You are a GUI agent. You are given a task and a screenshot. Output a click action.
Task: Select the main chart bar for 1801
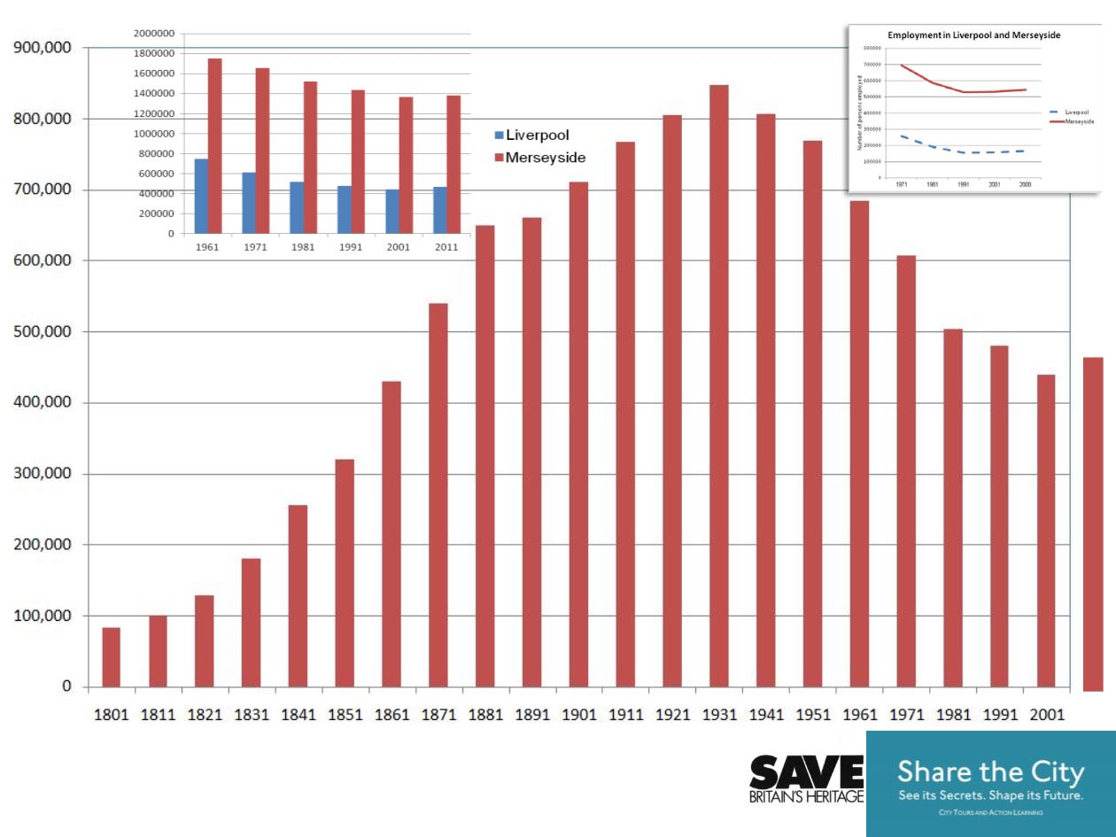coord(111,656)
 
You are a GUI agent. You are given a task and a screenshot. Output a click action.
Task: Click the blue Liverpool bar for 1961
coord(202,196)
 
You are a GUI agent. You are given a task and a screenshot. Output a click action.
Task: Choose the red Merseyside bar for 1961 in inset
coord(215,146)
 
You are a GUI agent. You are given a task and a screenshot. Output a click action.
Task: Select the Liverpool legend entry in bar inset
coord(531,136)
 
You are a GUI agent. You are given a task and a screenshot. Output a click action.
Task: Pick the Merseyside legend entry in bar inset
coord(539,157)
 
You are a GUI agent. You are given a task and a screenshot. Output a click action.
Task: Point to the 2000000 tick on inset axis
coord(152,34)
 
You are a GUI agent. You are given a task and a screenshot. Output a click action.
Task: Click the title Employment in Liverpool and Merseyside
coord(974,35)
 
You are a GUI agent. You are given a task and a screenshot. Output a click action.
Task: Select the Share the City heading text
coord(990,772)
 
